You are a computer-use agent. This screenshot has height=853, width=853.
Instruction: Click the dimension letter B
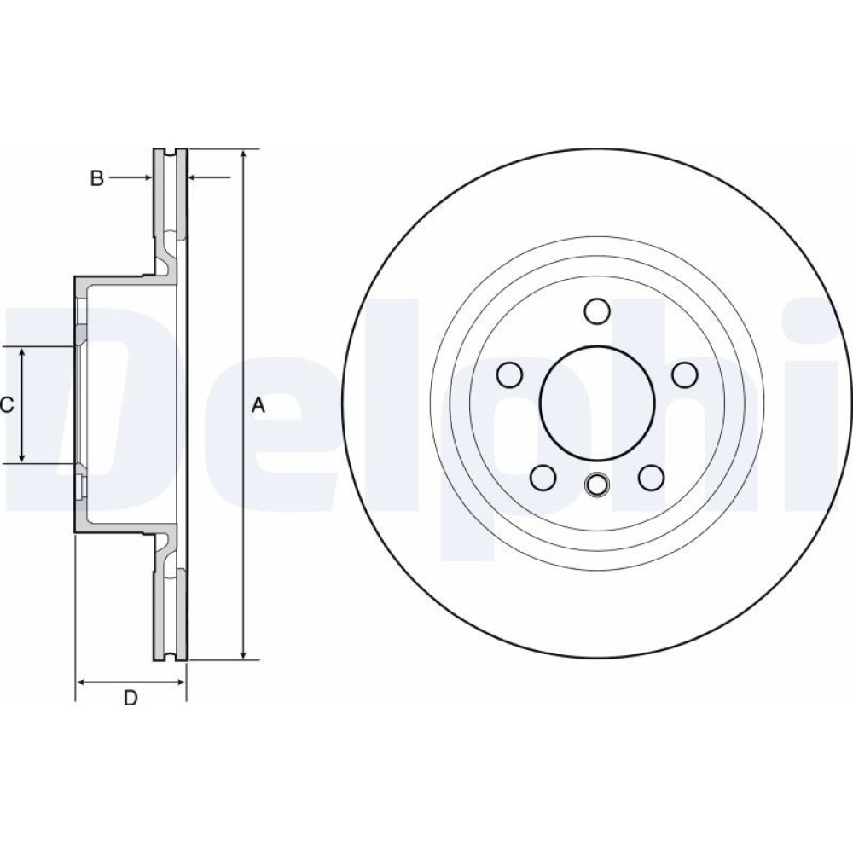click(x=97, y=178)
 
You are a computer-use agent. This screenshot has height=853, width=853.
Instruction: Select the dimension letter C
click(x=7, y=404)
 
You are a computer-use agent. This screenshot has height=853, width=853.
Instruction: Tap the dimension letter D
click(x=131, y=698)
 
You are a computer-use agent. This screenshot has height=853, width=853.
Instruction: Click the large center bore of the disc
click(x=597, y=402)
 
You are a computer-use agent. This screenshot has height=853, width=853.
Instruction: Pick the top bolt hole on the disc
click(x=597, y=310)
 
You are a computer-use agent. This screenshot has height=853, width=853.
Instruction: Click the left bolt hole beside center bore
click(x=510, y=374)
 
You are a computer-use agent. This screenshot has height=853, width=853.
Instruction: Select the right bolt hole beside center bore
click(x=685, y=374)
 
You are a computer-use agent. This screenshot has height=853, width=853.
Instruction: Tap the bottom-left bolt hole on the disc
click(x=543, y=477)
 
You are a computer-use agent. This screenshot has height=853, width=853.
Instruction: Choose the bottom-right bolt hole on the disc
click(x=651, y=477)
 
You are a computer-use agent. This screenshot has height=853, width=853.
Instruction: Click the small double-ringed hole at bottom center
click(x=597, y=485)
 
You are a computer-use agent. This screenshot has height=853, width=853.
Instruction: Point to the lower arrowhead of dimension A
click(x=244, y=654)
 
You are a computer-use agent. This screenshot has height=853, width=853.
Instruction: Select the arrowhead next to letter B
click(x=147, y=177)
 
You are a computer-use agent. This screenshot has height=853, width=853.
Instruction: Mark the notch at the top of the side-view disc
click(x=170, y=152)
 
